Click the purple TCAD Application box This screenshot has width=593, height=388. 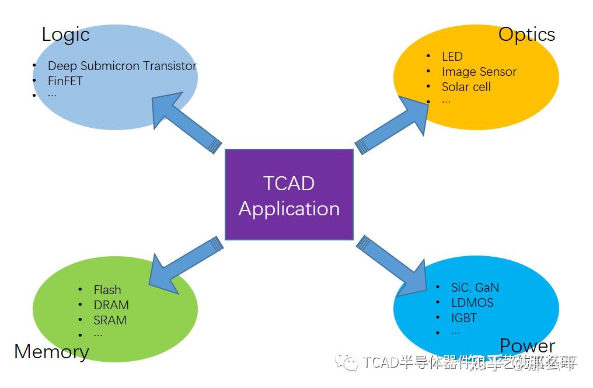coord(289,195)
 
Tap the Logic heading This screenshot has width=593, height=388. coord(65,34)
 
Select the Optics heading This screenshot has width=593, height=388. coord(526,34)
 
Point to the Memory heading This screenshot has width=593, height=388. coord(51,351)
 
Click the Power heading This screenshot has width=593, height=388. coord(527,346)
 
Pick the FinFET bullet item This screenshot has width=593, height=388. coord(65,81)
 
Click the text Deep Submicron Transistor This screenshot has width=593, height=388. coord(122,66)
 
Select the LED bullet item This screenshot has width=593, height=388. coord(452,57)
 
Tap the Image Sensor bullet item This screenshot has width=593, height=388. coord(479,72)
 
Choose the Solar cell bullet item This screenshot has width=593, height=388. coord(466,87)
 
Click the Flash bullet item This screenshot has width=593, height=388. coord(107,290)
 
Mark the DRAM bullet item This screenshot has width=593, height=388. coord(111,305)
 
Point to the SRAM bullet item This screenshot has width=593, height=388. coord(110,320)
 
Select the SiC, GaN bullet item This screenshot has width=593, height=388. coord(475,288)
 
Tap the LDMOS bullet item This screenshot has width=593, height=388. coord(472,303)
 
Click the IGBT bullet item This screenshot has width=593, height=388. coord(463,318)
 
